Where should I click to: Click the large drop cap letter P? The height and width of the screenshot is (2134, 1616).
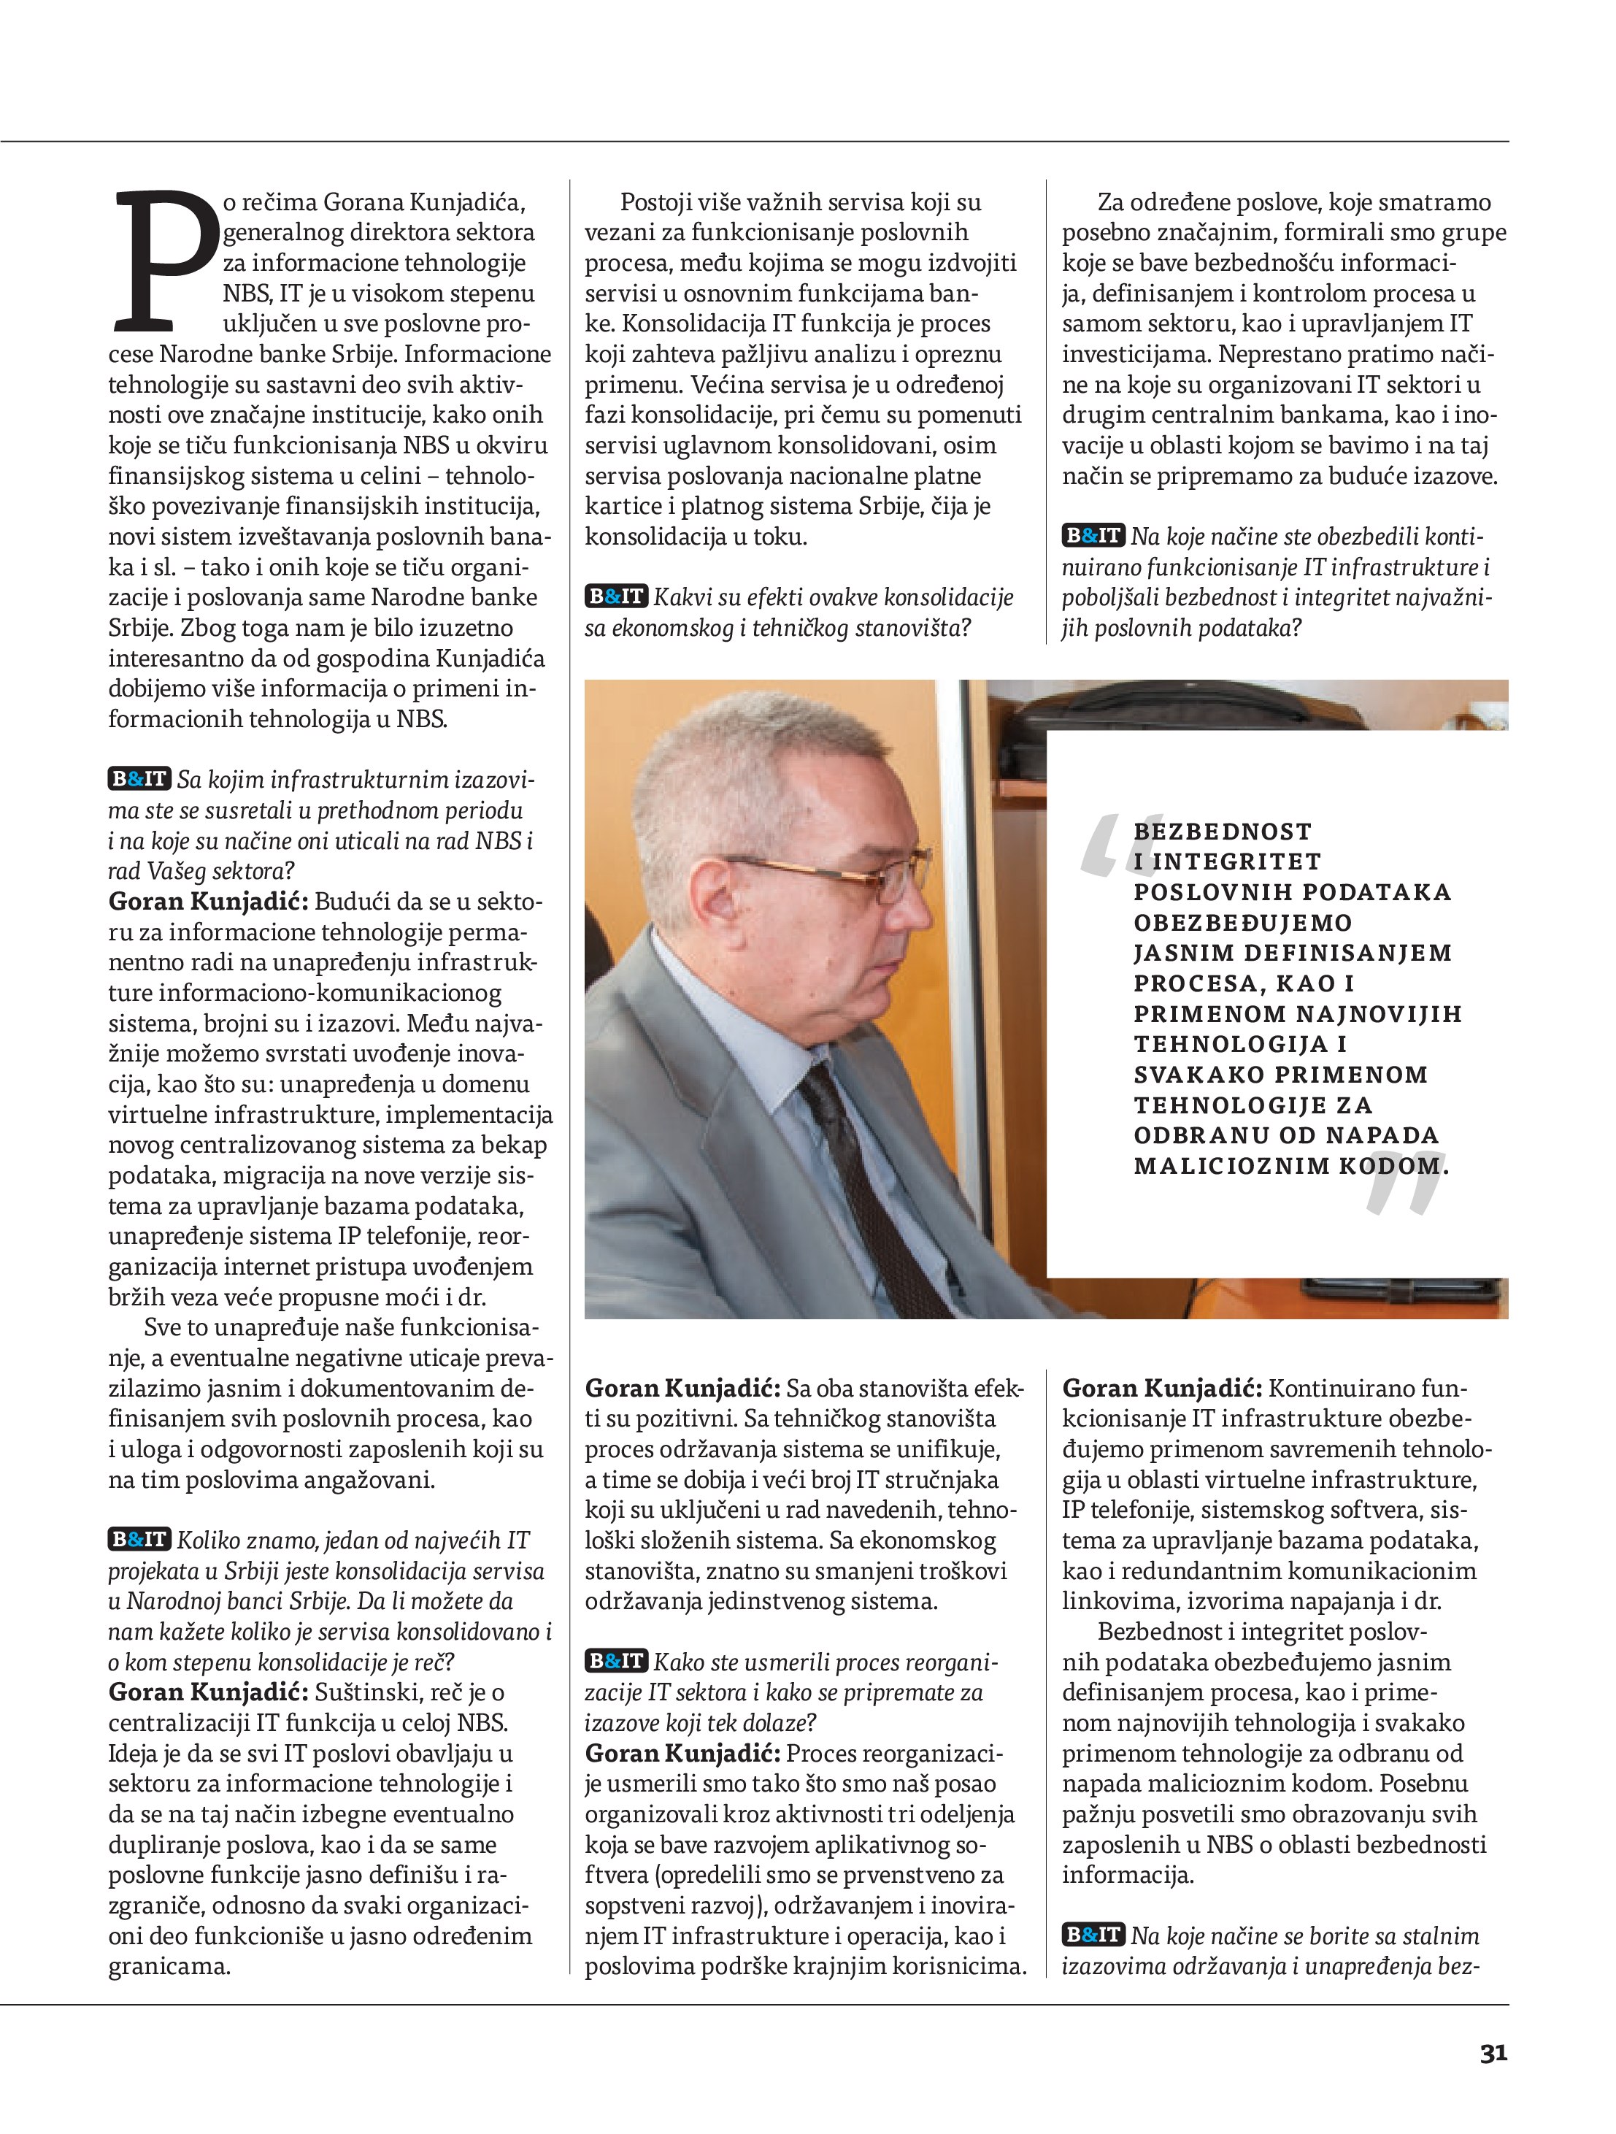[164, 258]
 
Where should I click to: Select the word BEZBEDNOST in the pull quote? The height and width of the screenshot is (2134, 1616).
[1223, 832]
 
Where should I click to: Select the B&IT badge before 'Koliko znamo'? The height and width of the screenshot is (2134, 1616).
[139, 1540]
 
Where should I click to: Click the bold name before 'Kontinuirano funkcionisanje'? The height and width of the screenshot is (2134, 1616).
[1161, 1389]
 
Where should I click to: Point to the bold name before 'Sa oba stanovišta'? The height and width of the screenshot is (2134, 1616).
[683, 1389]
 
